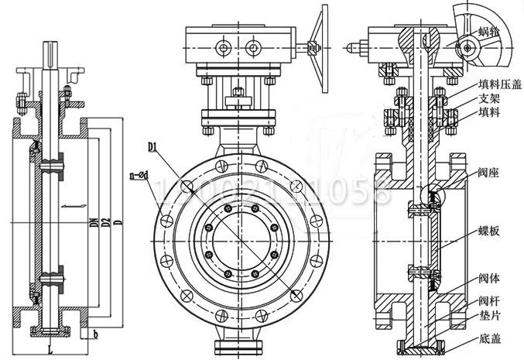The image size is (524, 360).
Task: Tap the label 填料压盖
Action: point(497,84)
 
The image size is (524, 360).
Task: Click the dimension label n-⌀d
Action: point(139,177)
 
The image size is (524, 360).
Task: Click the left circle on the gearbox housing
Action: point(224,49)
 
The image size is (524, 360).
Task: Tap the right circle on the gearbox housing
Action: point(252,49)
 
